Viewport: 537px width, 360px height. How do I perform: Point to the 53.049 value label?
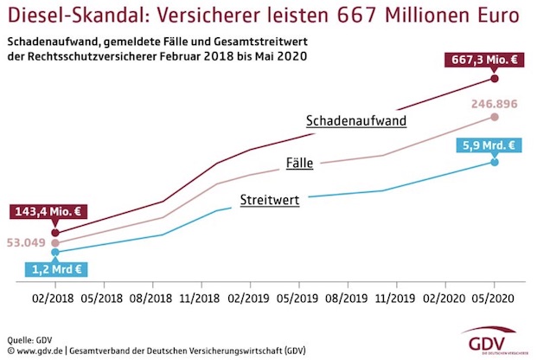(x=25, y=243)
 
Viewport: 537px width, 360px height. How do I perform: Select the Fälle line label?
(x=299, y=162)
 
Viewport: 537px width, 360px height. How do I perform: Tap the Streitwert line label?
(x=270, y=200)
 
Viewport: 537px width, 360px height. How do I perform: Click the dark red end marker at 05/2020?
(x=495, y=79)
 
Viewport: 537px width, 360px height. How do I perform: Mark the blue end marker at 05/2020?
(x=495, y=162)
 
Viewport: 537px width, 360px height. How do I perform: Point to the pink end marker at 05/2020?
(x=495, y=116)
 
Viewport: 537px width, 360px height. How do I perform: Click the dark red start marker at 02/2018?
(x=55, y=232)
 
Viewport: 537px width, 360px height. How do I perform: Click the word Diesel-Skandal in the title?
(x=68, y=16)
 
